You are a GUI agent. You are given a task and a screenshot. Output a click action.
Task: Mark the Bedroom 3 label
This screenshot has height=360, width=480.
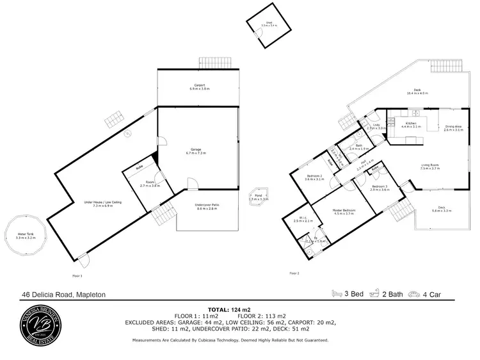click(380, 188)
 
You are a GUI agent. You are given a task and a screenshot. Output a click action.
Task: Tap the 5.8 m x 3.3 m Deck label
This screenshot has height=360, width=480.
click(442, 209)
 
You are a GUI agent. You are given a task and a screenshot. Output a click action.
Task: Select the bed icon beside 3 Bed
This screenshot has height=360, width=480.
click(337, 294)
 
